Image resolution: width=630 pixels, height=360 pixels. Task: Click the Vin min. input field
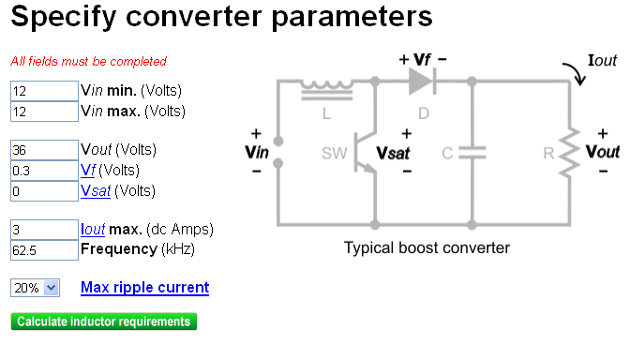(43, 91)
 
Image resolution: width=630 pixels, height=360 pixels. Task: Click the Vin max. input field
(43, 112)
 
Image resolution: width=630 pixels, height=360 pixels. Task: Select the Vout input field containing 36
(43, 150)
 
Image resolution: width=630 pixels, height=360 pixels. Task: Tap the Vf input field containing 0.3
(43, 171)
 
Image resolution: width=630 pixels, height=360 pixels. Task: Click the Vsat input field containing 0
(43, 191)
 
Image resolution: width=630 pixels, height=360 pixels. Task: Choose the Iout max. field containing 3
(43, 230)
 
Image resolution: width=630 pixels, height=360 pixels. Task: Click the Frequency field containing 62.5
(43, 250)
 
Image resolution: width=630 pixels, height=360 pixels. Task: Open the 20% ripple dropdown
(35, 289)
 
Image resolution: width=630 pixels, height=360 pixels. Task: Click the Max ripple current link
(144, 288)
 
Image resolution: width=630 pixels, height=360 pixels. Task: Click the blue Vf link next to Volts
(88, 171)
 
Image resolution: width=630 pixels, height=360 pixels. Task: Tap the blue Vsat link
(96, 191)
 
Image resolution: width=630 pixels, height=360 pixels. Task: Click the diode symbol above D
(421, 82)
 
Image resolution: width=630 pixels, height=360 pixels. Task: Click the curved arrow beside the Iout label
(572, 73)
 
